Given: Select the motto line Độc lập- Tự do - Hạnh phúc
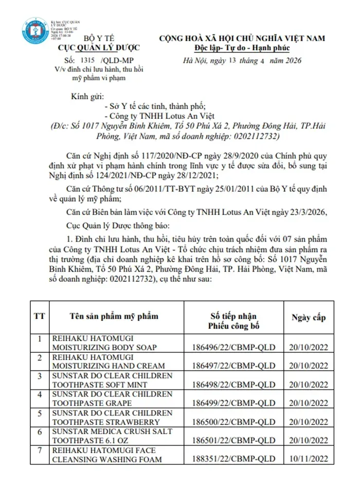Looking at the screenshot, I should pos(242,48).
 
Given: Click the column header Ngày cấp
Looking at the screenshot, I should pos(308,317).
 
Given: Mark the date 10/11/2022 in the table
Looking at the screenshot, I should pos(308,459).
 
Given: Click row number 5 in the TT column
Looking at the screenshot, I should pos(39,413).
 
